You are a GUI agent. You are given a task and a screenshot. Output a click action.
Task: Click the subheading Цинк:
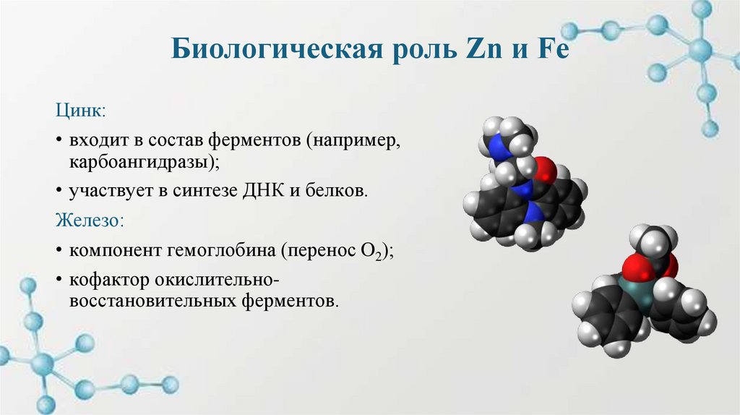[81, 112]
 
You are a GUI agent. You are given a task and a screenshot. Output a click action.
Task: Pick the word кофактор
[106, 280]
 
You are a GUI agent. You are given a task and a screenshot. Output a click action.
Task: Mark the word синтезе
[220, 191]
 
